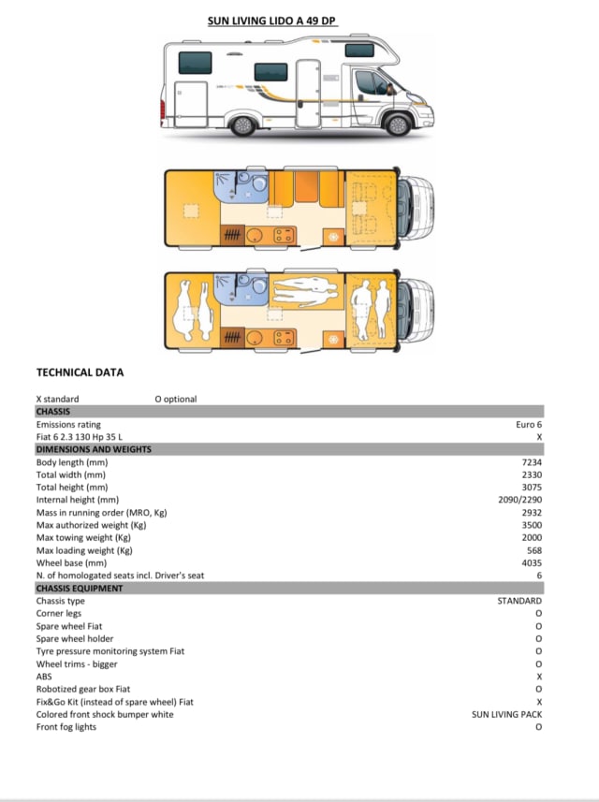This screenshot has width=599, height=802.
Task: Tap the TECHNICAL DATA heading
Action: [80, 372]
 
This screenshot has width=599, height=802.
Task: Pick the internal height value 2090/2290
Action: [520, 500]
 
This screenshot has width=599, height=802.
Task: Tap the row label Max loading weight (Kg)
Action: [83, 550]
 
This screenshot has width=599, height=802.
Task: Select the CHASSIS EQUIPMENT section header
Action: [79, 588]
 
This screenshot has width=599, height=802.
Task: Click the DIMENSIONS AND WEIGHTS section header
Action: [93, 449]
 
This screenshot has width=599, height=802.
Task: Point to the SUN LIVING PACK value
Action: [506, 714]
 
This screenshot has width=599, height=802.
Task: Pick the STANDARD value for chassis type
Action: [519, 601]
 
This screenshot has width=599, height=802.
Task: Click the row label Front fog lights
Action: [66, 727]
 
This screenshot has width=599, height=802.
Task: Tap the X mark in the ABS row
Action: [539, 676]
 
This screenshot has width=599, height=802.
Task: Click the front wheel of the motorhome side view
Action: [397, 123]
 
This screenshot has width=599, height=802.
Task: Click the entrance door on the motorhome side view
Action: [307, 94]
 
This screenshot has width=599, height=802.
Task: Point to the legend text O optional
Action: [176, 399]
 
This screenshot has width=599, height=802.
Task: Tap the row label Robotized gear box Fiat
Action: [83, 689]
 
